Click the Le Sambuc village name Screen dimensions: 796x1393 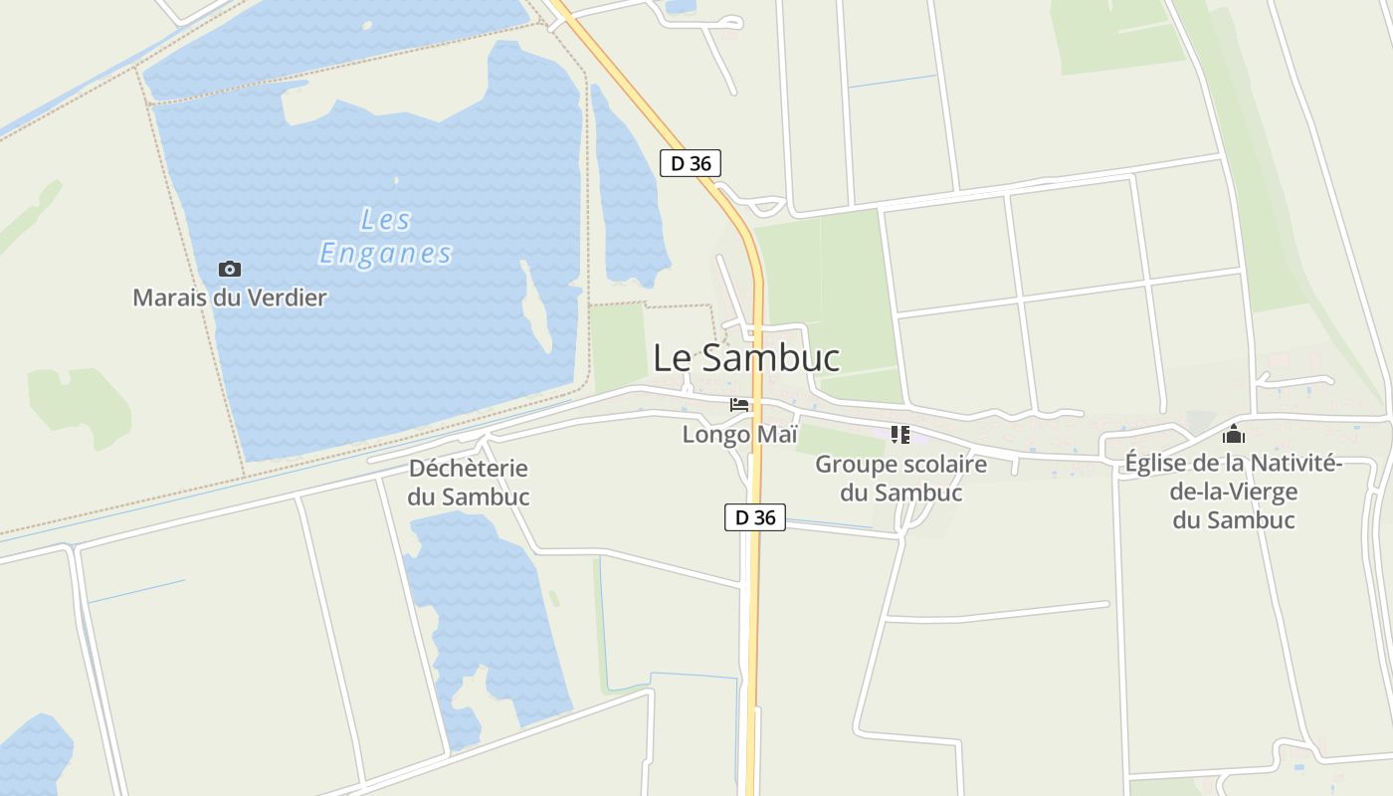coord(746,358)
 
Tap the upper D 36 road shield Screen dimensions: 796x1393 coord(690,163)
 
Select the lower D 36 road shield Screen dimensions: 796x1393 coord(754,517)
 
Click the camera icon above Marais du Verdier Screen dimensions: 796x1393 coord(230,269)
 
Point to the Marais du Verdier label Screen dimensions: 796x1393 coord(230,298)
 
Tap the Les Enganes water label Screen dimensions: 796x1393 coord(386,237)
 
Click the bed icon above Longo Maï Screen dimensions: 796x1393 coord(739,404)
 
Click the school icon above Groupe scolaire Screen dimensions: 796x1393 coord(900,434)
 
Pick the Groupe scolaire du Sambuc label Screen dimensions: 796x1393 coord(901,479)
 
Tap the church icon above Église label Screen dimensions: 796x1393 coord(1234,434)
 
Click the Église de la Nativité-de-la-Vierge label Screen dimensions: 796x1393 coord(1234,492)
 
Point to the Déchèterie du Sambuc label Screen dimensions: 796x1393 coord(469,483)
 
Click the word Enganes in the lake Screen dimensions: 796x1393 coord(386,254)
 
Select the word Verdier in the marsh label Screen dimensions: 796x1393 coord(288,298)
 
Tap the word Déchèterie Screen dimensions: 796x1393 coord(469,469)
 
